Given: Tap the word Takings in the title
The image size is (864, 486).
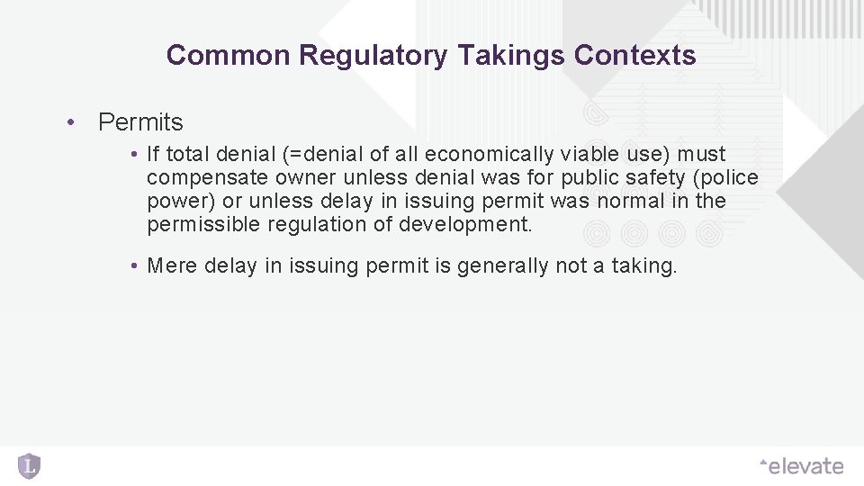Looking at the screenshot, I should (x=510, y=56).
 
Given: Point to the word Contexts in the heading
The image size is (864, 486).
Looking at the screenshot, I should (x=634, y=56).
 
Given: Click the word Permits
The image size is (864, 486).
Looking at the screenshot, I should (x=140, y=122).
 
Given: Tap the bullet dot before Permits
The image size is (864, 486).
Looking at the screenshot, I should (x=68, y=122).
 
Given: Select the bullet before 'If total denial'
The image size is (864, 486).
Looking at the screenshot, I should (x=132, y=155).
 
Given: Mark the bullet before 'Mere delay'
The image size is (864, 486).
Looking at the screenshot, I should (x=132, y=266).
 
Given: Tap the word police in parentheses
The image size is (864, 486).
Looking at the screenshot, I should (x=726, y=178).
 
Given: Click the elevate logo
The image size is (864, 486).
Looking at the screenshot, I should (x=802, y=466).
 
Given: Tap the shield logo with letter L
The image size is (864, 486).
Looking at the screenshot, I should (x=29, y=465).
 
